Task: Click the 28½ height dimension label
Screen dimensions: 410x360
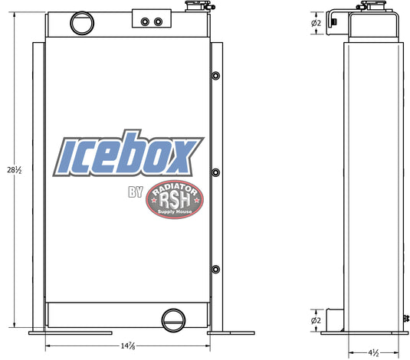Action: pyautogui.click(x=14, y=170)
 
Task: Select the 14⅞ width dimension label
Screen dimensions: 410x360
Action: pyautogui.click(x=128, y=346)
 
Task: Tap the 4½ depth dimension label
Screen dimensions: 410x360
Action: pyautogui.click(x=373, y=353)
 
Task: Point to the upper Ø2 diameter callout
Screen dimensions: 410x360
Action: pyautogui.click(x=316, y=23)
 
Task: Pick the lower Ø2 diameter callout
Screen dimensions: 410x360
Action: pyautogui.click(x=316, y=320)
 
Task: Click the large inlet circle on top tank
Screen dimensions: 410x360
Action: pyautogui.click(x=82, y=23)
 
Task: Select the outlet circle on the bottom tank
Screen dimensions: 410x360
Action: pyautogui.click(x=173, y=320)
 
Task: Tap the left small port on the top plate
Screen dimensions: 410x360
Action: pyautogui.click(x=145, y=21)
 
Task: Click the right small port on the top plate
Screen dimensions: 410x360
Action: pyautogui.click(x=158, y=21)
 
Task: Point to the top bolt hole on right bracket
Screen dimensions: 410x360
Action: pyautogui.click(x=215, y=76)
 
